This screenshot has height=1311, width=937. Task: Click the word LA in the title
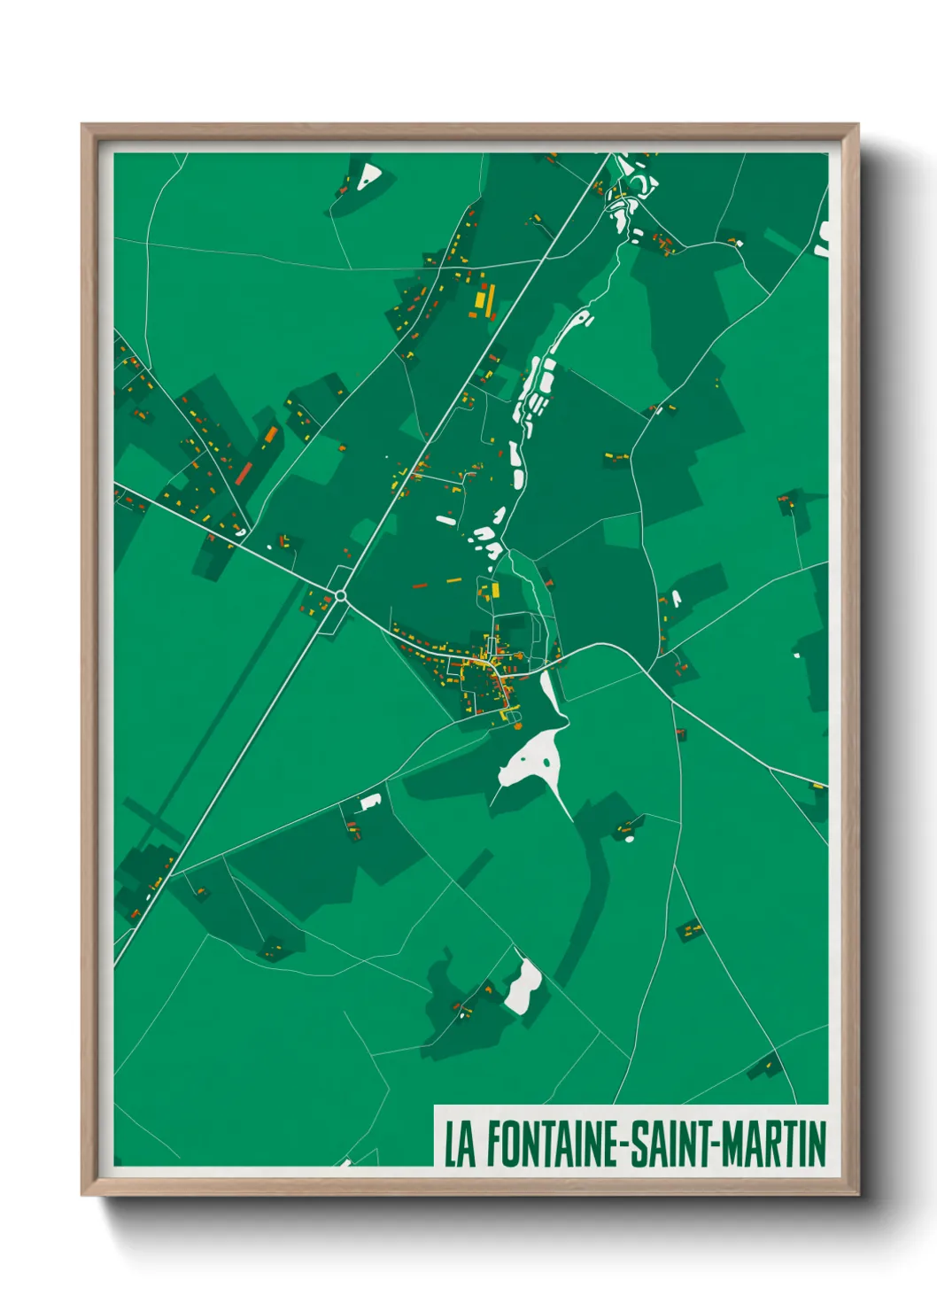pyautogui.click(x=460, y=1144)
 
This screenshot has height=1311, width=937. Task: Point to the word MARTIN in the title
pyautogui.click(x=773, y=1144)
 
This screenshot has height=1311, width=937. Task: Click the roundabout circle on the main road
pyautogui.click(x=340, y=596)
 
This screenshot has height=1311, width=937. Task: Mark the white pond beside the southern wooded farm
pyautogui.click(x=523, y=985)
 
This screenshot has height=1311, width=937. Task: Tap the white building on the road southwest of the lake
pyautogui.click(x=370, y=802)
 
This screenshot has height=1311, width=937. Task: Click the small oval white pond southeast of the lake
pyautogui.click(x=630, y=837)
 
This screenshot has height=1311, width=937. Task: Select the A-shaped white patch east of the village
pyautogui.click(x=676, y=600)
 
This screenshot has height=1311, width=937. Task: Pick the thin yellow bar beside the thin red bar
pyautogui.click(x=453, y=581)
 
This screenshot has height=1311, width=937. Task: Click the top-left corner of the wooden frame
pyautogui.click(x=83, y=126)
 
